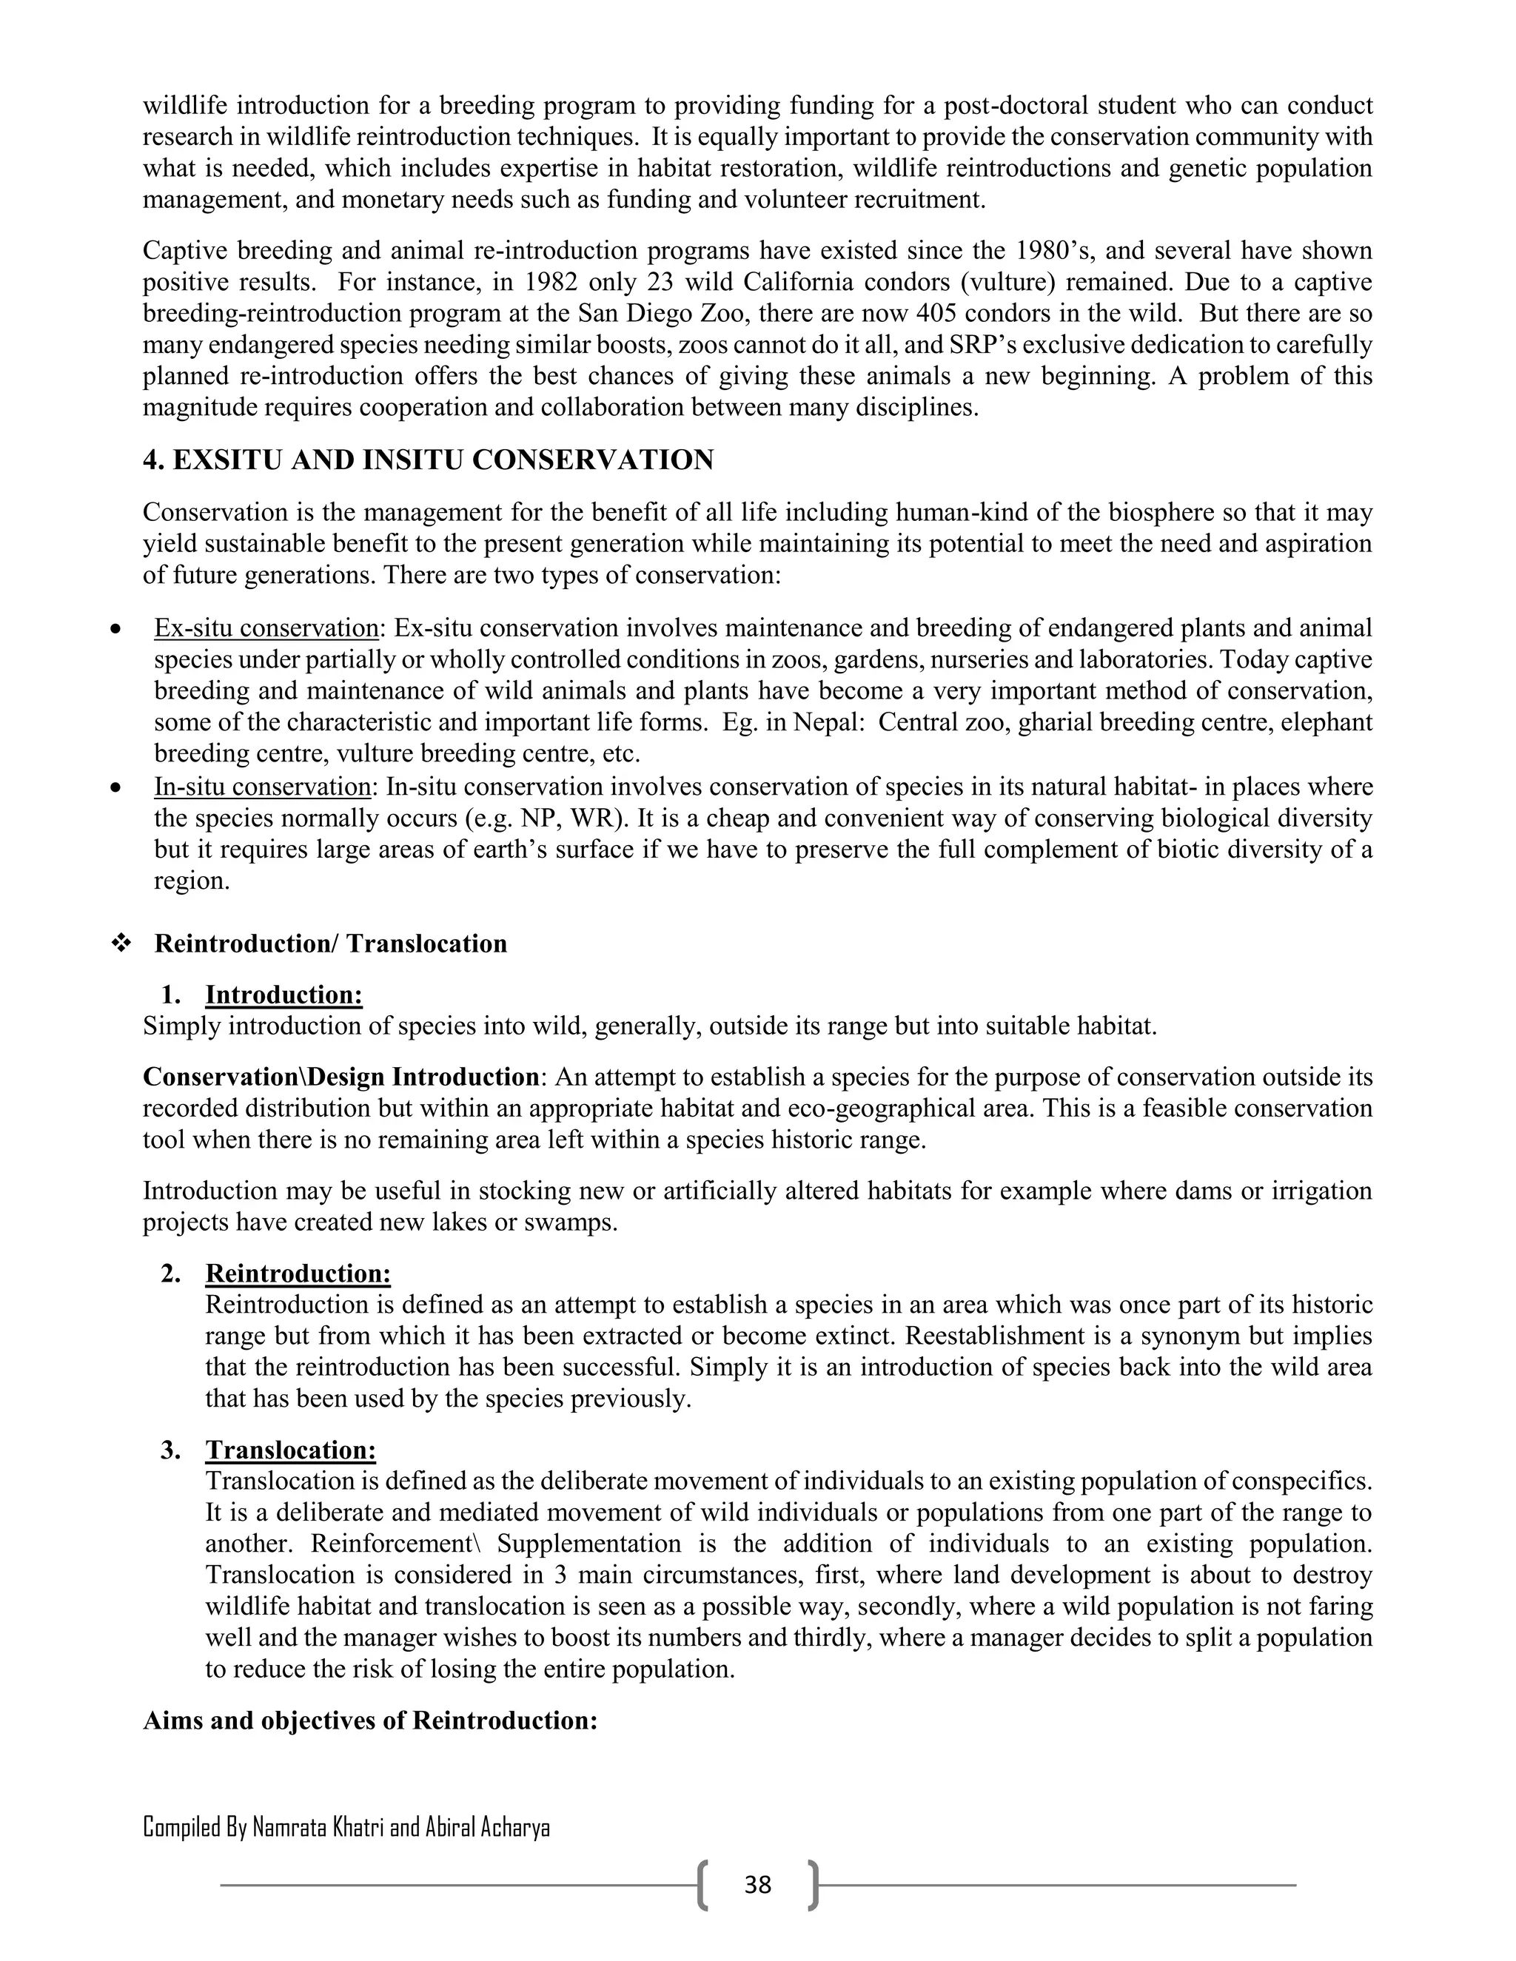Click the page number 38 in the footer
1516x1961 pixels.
(x=757, y=1885)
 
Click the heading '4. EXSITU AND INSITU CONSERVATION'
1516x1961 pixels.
(x=428, y=460)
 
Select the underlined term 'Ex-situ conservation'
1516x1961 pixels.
(x=266, y=628)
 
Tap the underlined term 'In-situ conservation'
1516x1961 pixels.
(x=262, y=787)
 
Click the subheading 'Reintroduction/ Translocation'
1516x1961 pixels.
(x=330, y=943)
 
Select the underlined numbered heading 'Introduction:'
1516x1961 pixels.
(x=284, y=995)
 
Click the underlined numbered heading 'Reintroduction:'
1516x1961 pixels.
(x=298, y=1274)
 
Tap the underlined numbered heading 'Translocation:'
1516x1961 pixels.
(x=290, y=1450)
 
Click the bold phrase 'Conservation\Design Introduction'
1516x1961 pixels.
(x=341, y=1077)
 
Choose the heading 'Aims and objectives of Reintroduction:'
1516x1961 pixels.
(x=370, y=1720)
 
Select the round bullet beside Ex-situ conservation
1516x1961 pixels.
(x=114, y=628)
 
